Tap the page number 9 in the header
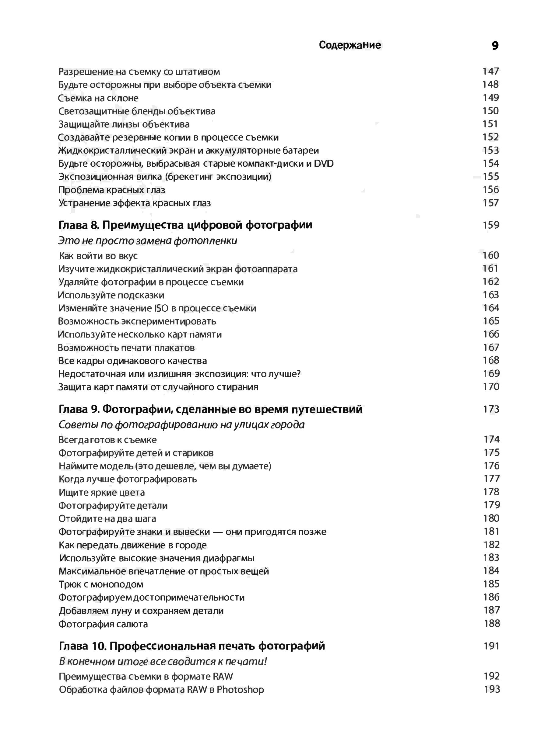pos(495,46)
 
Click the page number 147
pos(490,71)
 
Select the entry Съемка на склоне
pos(98,98)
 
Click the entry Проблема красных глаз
pos(112,190)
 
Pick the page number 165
pos(491,321)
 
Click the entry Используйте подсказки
pos(111,295)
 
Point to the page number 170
pos(491,387)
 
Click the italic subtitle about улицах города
pos(181,425)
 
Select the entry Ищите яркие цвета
pos(102,492)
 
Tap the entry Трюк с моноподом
pos(101,584)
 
